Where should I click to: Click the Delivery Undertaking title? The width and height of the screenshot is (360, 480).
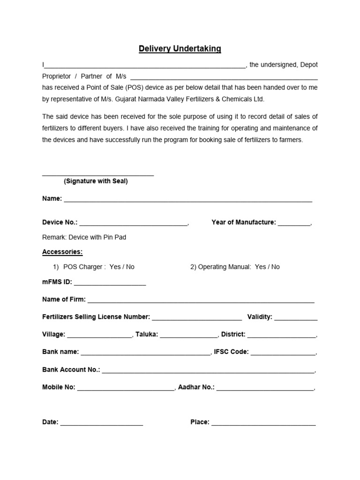coord(180,49)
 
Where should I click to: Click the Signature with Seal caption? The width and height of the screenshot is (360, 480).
coord(96,181)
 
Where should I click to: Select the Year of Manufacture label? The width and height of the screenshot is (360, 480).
coord(244,222)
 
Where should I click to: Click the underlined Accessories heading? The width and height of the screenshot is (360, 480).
coord(62,252)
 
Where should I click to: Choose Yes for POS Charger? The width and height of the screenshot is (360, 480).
coord(115,267)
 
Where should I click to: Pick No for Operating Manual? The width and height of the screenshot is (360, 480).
coord(275,267)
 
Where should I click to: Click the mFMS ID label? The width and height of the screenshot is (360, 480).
coord(57,282)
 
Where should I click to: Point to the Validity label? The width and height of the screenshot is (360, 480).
coord(260,317)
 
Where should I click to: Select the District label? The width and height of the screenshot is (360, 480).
coord(233,334)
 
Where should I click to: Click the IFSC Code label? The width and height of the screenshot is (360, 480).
coord(231,352)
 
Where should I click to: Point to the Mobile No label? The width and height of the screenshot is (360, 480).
coord(59,387)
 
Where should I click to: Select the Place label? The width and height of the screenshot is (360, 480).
coord(200,422)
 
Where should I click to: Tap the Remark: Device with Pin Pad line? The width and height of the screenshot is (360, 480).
coord(84,237)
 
